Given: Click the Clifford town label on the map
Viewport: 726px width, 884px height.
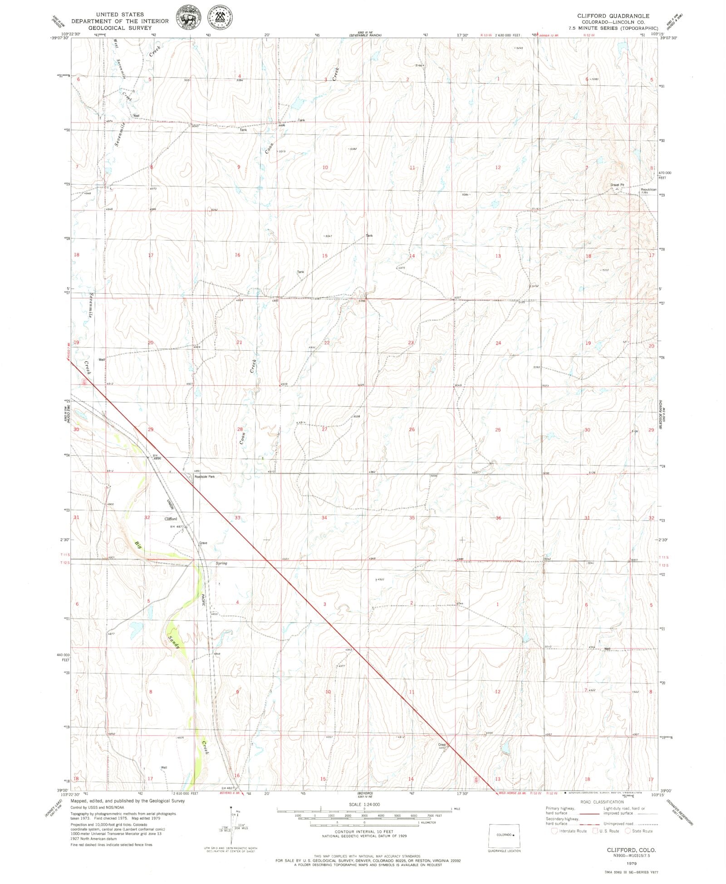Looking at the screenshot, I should tap(171, 519).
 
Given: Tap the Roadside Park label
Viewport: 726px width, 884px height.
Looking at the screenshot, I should tap(205, 477).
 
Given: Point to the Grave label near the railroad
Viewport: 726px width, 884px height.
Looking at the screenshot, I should tap(203, 543).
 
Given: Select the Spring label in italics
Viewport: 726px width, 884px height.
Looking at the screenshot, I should tap(221, 563).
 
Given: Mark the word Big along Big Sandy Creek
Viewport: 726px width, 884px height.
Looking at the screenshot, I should tap(138, 545).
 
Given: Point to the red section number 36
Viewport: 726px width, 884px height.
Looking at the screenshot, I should tap(498, 518).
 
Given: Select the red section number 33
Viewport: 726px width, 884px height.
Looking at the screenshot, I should tap(237, 517).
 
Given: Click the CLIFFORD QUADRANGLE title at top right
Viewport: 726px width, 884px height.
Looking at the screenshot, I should tap(613, 16).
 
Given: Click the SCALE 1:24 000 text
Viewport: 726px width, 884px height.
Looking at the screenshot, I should tap(364, 805).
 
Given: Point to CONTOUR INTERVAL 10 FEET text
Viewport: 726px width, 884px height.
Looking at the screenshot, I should tap(364, 832).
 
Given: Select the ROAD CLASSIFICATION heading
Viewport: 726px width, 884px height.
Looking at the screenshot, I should tap(601, 802).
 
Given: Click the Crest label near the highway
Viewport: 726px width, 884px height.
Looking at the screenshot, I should tap(442, 745).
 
